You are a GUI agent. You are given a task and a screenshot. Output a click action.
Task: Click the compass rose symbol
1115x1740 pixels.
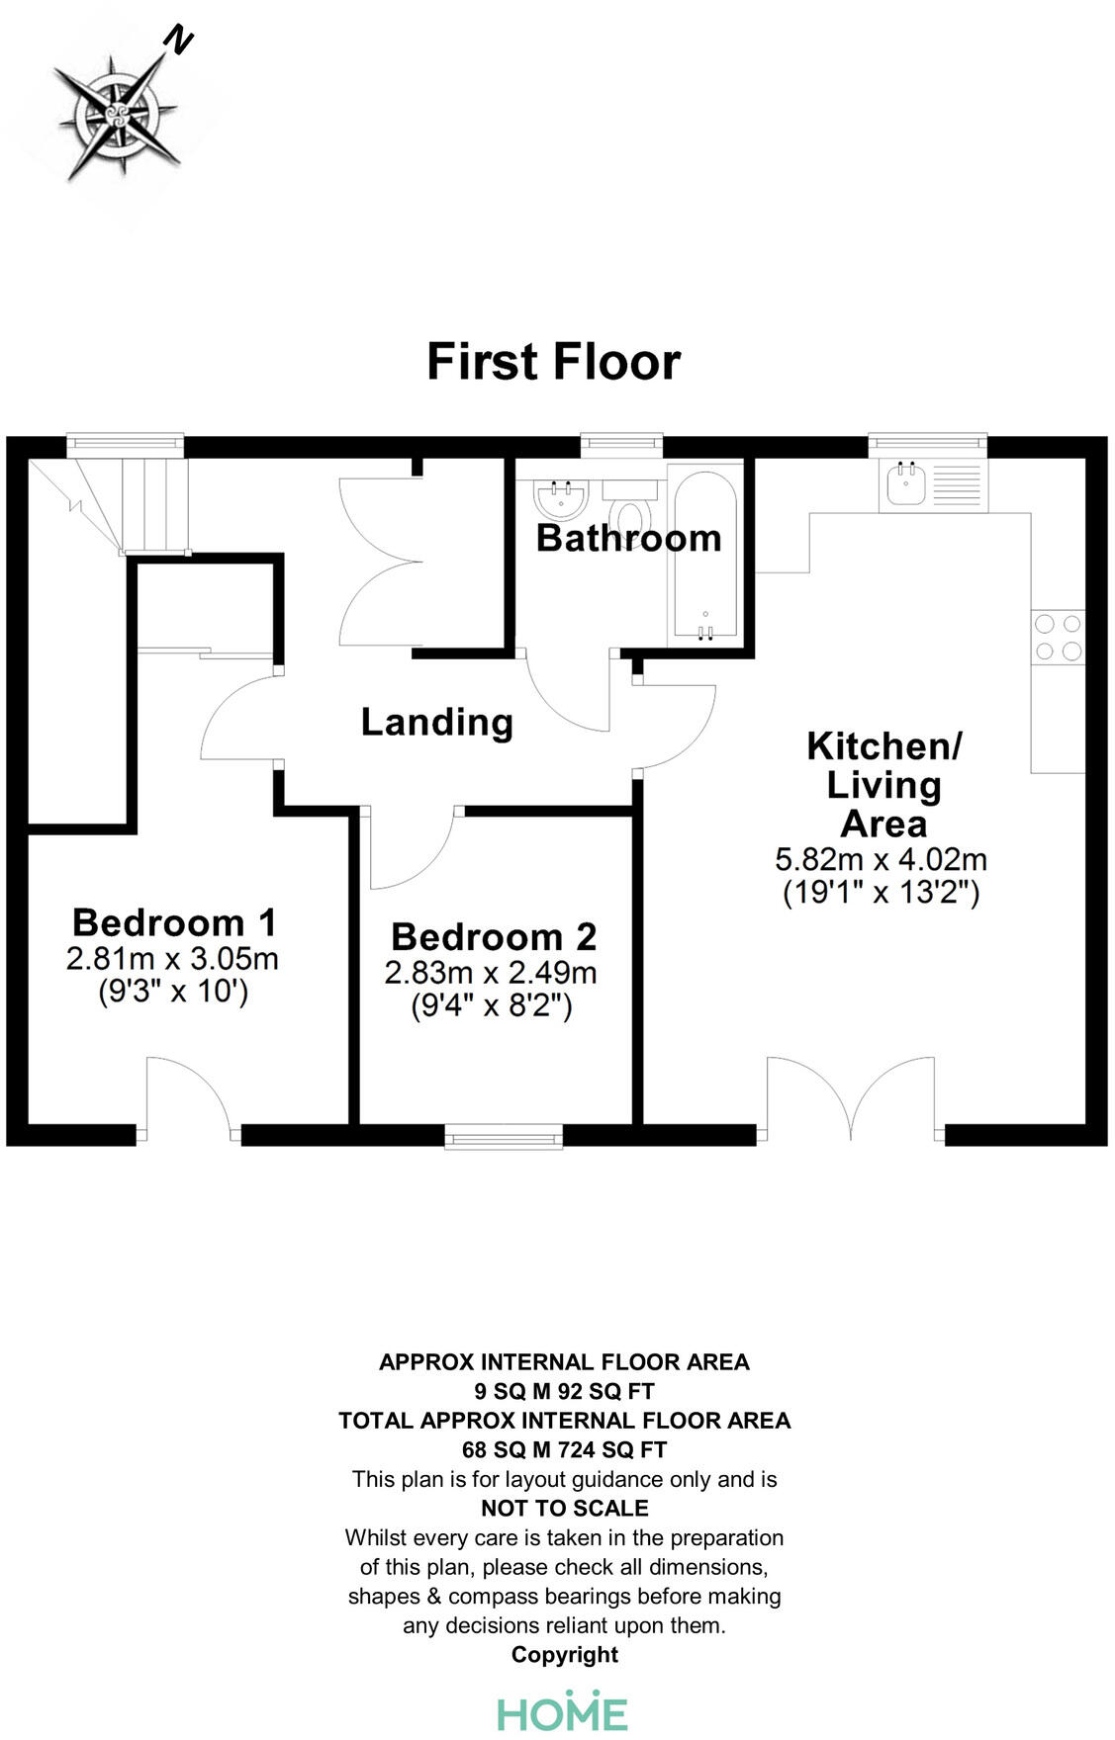click(117, 116)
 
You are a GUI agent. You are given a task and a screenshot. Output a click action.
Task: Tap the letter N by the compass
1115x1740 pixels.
click(178, 40)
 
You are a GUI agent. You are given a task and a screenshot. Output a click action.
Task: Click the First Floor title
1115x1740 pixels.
click(553, 362)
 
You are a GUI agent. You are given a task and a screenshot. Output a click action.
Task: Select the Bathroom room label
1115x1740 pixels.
click(628, 539)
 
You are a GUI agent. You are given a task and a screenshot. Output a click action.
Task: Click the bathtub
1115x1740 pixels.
click(704, 555)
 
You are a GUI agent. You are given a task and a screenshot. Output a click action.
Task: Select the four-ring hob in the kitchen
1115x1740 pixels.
click(1058, 638)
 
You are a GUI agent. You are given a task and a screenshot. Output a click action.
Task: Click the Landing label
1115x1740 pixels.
click(436, 723)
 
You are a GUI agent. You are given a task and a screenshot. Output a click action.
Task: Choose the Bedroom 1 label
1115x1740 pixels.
click(174, 922)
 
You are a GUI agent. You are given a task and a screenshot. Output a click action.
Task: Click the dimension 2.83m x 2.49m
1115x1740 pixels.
click(491, 973)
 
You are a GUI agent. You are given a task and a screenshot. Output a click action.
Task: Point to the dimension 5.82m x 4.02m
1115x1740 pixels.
click(881, 859)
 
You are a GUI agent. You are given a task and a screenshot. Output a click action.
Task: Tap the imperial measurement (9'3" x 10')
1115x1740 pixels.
click(173, 991)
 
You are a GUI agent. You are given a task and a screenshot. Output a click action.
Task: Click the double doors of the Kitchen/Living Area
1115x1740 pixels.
click(851, 1097)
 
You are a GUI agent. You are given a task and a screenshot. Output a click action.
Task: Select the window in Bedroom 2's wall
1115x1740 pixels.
click(504, 1137)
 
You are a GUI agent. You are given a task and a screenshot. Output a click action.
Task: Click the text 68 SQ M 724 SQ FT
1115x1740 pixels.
click(564, 1450)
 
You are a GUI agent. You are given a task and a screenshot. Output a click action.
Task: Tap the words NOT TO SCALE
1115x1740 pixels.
click(564, 1509)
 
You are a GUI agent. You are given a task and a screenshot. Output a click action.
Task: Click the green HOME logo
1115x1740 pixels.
click(562, 1712)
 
